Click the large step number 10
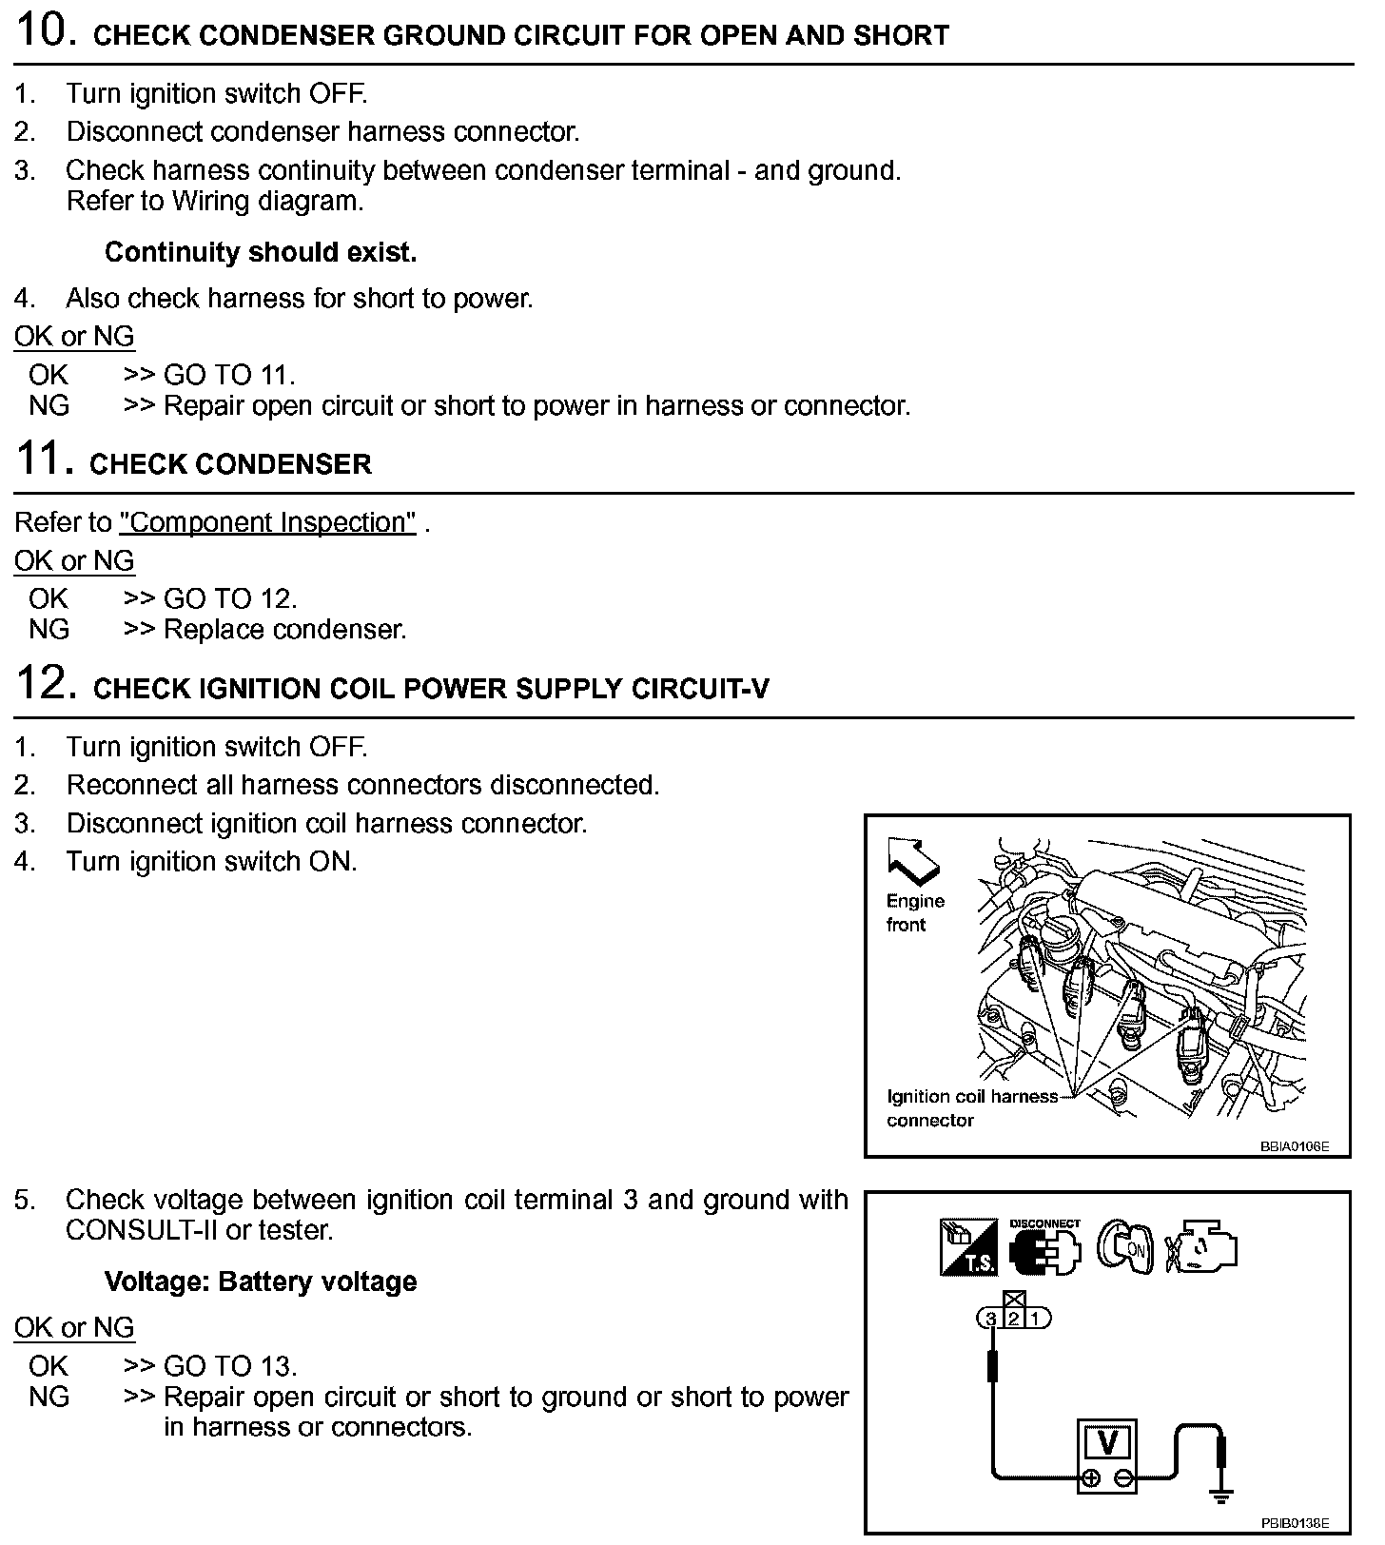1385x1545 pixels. point(46,31)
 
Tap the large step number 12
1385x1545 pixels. point(46,684)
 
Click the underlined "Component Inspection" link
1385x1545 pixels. point(267,522)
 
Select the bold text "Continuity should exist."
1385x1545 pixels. point(261,252)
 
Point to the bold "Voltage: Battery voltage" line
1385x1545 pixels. point(261,1281)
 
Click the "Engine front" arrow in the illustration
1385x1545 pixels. point(911,858)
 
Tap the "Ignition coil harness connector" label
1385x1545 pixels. point(970,1108)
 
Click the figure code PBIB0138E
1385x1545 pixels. point(1295,1522)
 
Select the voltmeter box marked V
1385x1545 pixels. point(1107,1455)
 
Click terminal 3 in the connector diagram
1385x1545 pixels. point(991,1319)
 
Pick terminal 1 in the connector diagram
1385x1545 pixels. point(1038,1319)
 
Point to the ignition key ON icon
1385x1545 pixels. point(1126,1246)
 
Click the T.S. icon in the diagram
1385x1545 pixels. point(967,1247)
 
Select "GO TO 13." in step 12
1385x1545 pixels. point(230,1366)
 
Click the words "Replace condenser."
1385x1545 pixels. point(284,630)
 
